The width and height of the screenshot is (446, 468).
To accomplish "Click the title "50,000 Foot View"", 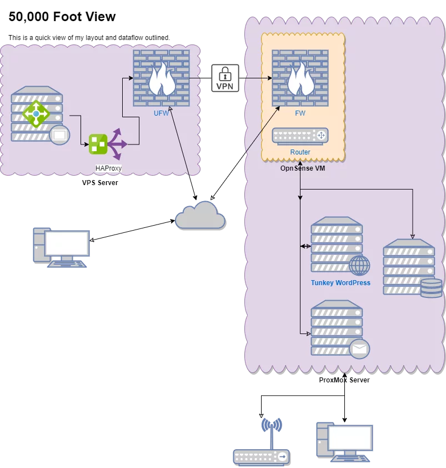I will click(62, 17).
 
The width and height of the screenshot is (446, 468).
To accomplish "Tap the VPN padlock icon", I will click(225, 78).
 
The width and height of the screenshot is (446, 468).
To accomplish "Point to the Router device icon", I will click(300, 136).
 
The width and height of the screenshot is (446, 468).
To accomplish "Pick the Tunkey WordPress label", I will click(340, 283).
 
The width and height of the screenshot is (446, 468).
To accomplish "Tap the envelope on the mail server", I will click(359, 348).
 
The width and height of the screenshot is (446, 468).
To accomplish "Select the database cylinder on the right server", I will click(432, 288).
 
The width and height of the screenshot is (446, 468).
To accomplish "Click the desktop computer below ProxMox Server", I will click(344, 442).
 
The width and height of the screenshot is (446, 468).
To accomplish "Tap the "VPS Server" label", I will click(100, 183).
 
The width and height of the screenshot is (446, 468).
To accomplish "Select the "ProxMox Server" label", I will click(344, 380).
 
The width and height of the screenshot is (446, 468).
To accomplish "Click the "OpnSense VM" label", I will click(303, 168).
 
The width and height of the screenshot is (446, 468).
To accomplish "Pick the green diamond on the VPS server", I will click(36, 113).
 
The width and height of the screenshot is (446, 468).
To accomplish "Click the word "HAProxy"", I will click(108, 168).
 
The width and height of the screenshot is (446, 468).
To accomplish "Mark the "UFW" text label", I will click(161, 113).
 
